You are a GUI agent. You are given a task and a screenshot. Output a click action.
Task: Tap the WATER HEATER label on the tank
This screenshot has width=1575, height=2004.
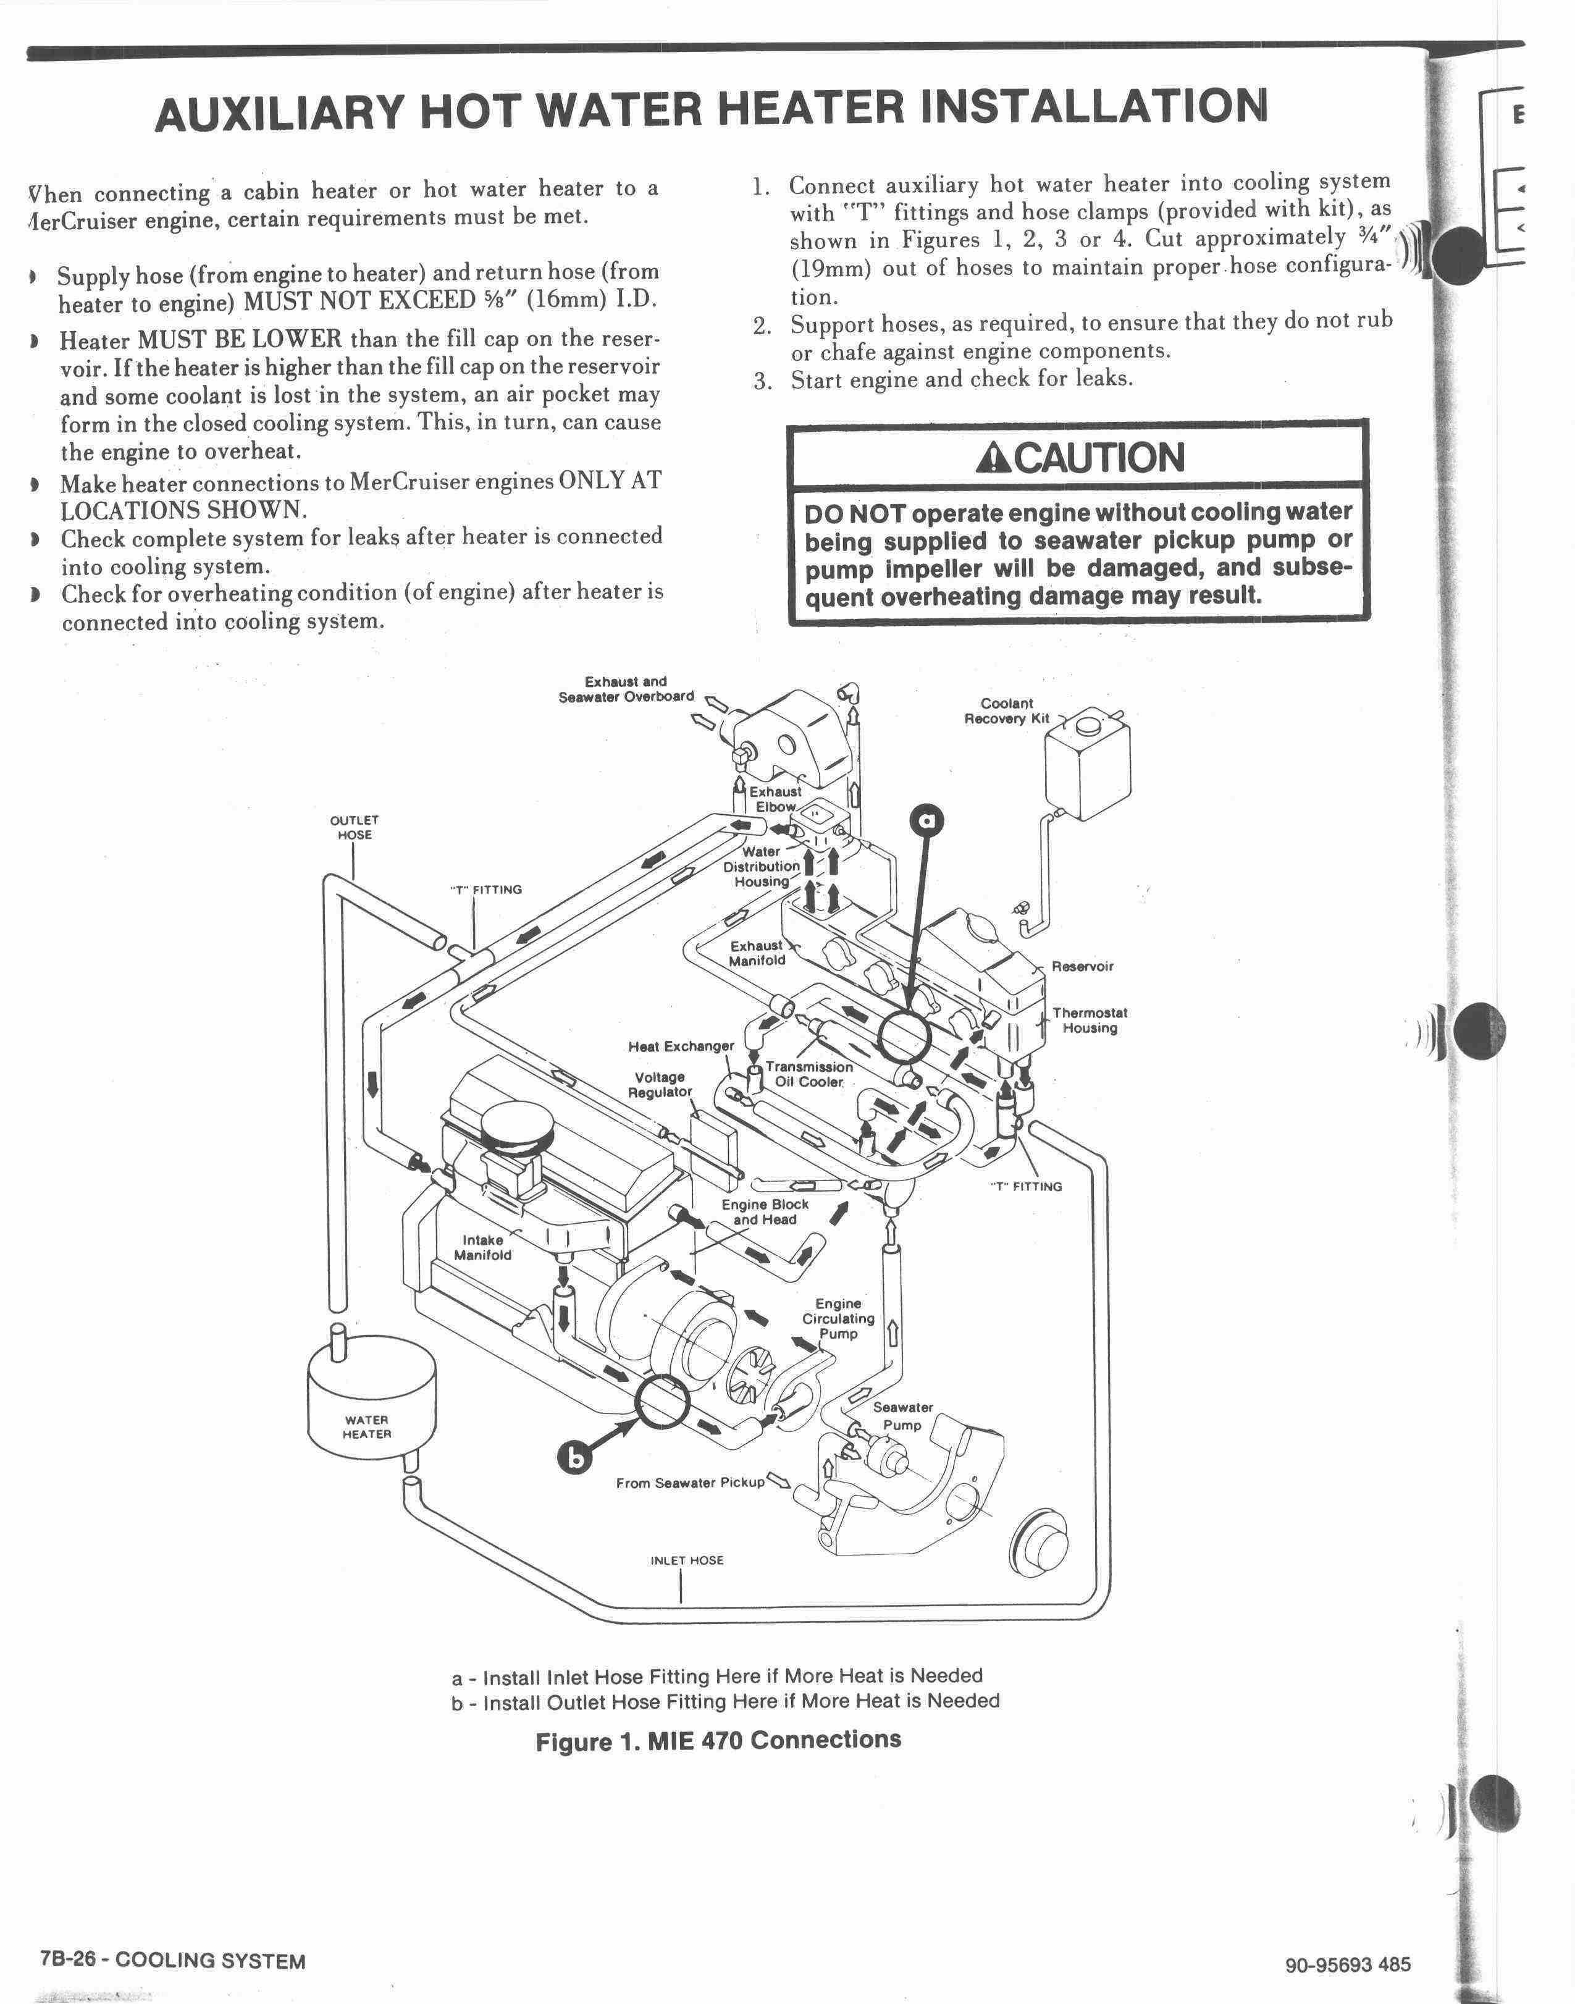click(367, 1426)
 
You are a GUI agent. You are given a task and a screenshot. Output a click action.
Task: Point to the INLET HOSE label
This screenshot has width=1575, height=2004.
click(687, 1560)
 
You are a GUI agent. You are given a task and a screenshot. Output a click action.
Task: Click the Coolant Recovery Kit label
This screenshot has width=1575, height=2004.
click(1007, 710)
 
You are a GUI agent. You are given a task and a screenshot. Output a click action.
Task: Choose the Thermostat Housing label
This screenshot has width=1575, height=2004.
click(1090, 1020)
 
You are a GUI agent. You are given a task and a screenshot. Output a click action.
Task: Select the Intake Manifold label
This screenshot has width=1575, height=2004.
click(482, 1247)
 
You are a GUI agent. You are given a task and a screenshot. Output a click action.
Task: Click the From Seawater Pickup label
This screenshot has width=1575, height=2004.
click(690, 1482)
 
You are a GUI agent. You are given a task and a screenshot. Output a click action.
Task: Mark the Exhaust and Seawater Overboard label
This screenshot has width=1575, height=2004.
click(626, 689)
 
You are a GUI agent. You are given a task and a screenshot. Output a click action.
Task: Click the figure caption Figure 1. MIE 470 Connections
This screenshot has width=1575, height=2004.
click(718, 1740)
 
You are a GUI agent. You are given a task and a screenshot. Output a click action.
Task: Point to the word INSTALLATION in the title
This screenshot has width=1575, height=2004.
click(1094, 106)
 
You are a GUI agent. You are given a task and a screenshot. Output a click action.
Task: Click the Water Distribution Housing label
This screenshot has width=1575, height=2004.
click(762, 866)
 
